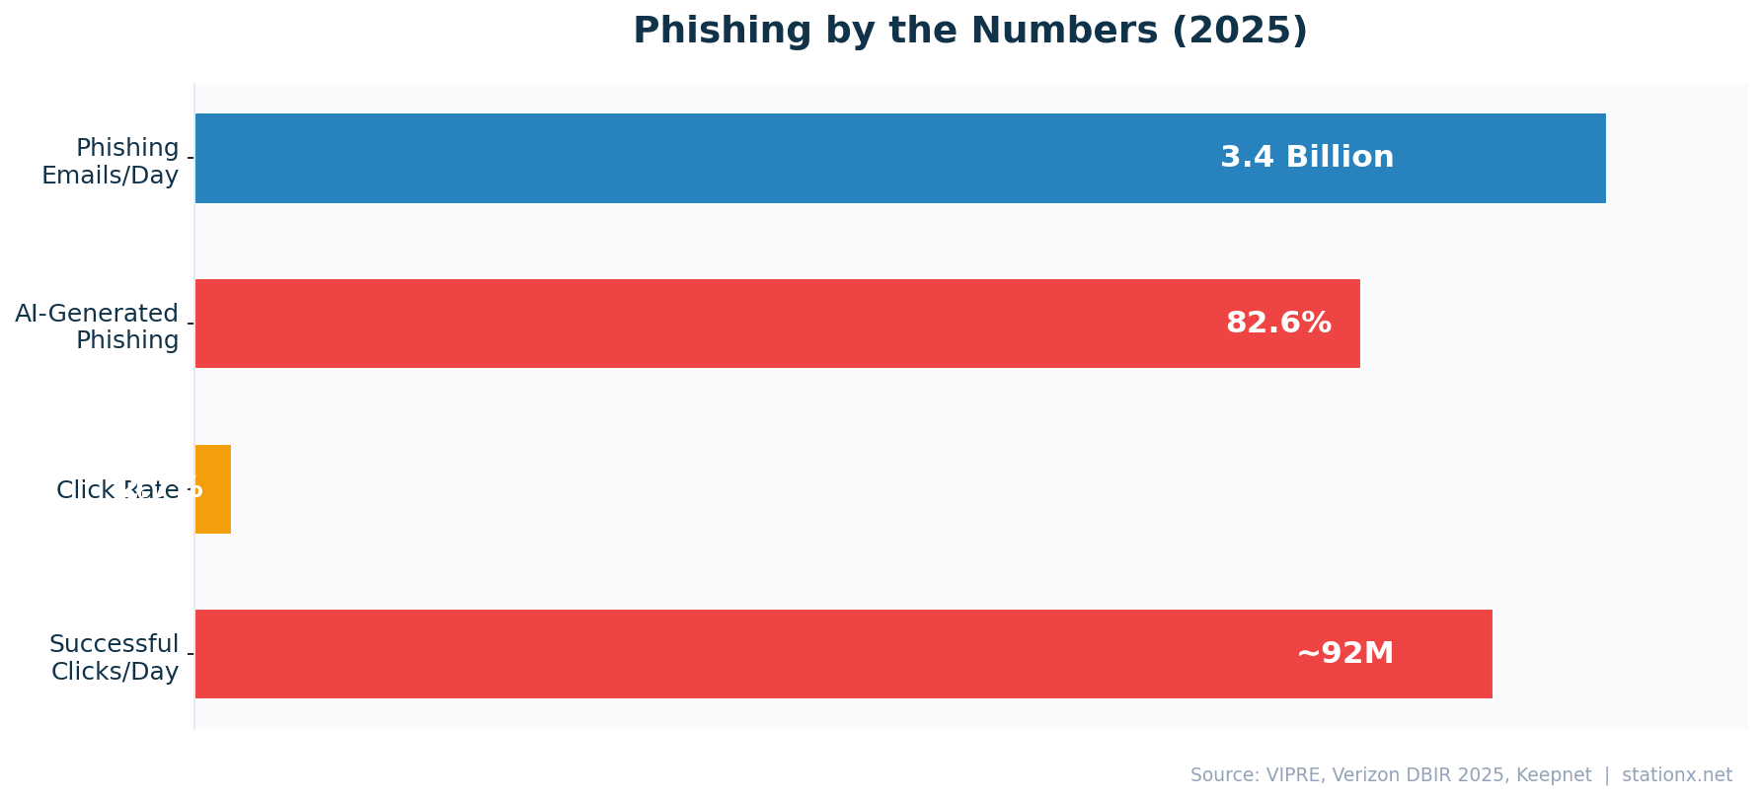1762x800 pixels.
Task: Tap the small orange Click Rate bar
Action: point(213,489)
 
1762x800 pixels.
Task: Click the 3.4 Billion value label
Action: point(1307,158)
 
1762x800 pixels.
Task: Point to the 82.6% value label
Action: point(1278,324)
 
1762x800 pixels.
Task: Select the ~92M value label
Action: point(1344,654)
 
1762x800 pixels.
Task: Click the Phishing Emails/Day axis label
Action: point(111,162)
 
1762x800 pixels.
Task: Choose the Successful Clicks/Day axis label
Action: point(115,658)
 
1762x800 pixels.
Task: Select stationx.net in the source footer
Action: point(1677,775)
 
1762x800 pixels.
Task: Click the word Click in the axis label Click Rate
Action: point(85,490)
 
